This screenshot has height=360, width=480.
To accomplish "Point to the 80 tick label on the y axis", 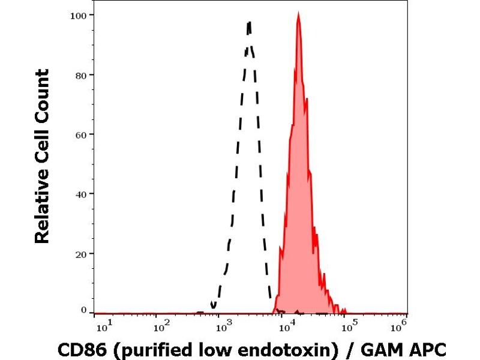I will click(80, 75).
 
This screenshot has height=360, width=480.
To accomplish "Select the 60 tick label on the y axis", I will click(80, 134).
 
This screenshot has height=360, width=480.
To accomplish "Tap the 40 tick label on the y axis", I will click(80, 194).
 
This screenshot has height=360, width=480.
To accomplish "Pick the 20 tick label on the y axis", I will click(80, 253).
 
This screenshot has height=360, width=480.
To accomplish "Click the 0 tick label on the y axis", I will click(83, 310).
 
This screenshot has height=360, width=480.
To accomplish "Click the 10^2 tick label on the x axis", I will click(160, 326).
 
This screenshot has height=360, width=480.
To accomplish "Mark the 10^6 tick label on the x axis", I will click(400, 326).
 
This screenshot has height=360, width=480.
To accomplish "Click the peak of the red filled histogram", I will click(298, 14).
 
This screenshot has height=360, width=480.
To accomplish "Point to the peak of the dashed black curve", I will click(248, 23).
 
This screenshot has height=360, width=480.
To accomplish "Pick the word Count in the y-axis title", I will click(42, 96).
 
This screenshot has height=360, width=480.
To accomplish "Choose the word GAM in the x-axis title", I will click(386, 349).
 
